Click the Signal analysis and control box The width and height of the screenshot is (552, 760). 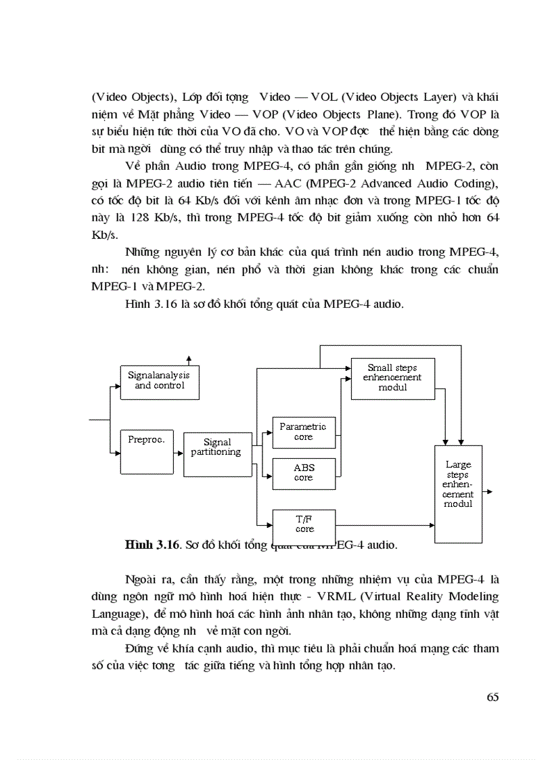pyautogui.click(x=159, y=380)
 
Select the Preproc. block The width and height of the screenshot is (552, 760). pyautogui.click(x=147, y=451)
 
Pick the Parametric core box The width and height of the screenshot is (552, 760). pyautogui.click(x=303, y=432)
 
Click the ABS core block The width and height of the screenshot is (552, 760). pyautogui.click(x=303, y=472)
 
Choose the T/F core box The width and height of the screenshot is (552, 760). pyautogui.click(x=304, y=524)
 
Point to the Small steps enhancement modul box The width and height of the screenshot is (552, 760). pyautogui.click(x=392, y=378)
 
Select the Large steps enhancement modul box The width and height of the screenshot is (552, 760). pyautogui.click(x=458, y=493)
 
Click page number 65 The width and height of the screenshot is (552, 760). pyautogui.click(x=492, y=698)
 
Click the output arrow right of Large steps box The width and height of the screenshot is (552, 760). pyautogui.click(x=488, y=493)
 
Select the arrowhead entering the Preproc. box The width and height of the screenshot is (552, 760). pyautogui.click(x=117, y=452)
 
